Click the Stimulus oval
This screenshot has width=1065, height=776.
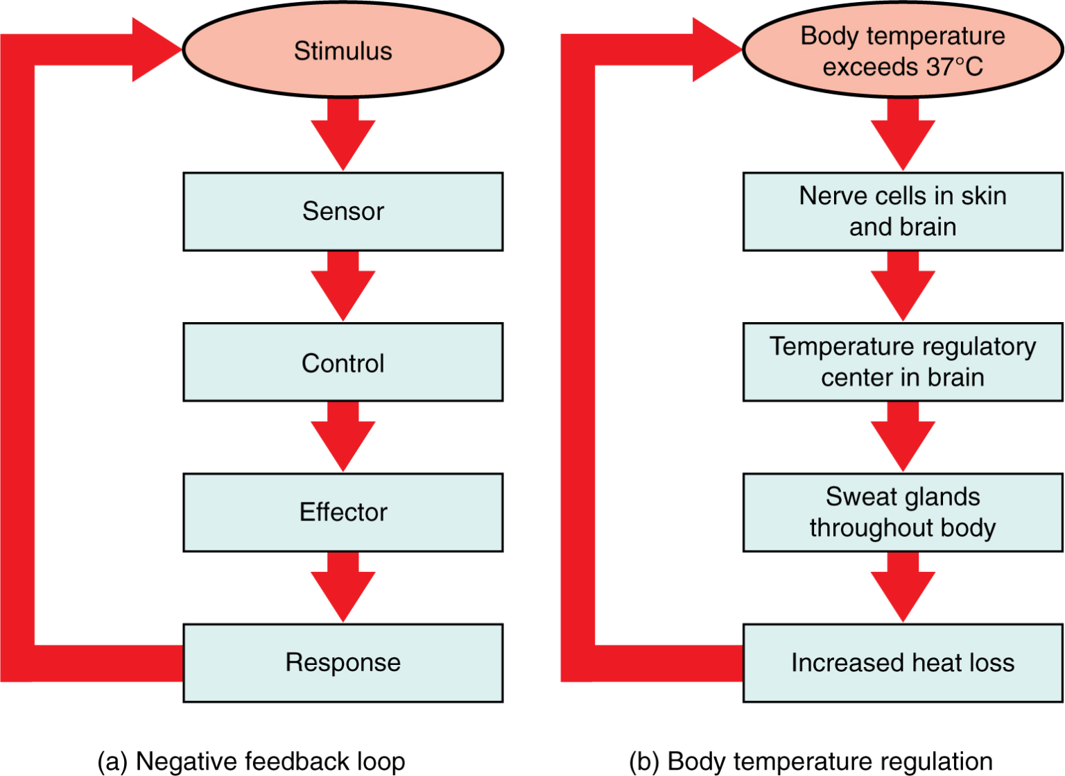343,50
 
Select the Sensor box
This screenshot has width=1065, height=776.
343,211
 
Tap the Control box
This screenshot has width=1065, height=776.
343,362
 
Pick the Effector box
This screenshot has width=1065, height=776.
343,512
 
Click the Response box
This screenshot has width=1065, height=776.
343,663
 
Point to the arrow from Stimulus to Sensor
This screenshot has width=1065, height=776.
343,135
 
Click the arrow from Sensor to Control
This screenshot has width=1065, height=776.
343,286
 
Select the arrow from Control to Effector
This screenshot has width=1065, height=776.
343,437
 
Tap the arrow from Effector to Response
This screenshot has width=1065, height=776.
343,588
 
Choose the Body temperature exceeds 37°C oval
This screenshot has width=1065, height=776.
902,50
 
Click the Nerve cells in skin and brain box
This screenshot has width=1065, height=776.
902,211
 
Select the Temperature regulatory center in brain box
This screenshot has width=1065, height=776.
902,362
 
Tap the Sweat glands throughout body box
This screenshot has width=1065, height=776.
902,512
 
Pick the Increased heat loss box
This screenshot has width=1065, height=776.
902,663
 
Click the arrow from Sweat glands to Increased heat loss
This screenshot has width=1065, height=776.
902,588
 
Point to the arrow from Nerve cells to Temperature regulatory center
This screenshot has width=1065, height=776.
902,286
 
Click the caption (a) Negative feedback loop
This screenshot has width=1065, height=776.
251,761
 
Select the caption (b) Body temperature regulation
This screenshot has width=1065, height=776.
811,761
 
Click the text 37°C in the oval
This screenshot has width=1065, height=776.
954,67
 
